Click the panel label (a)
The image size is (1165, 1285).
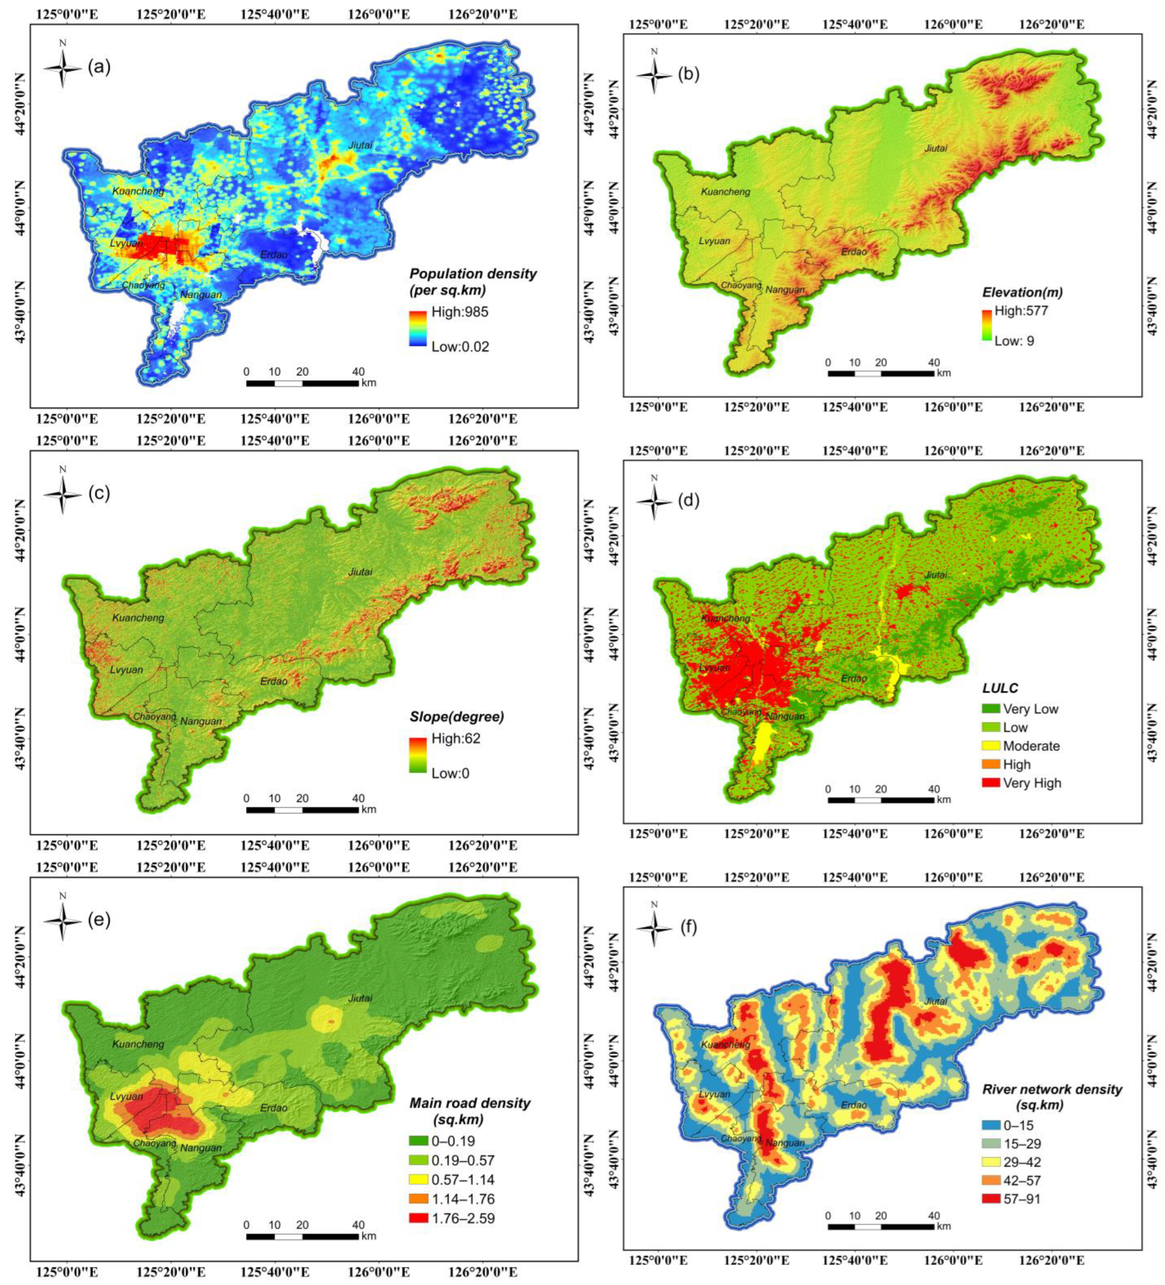coord(99,66)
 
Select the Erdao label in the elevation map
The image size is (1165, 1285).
coord(854,252)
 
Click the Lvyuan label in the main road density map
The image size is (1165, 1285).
coord(126,1096)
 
